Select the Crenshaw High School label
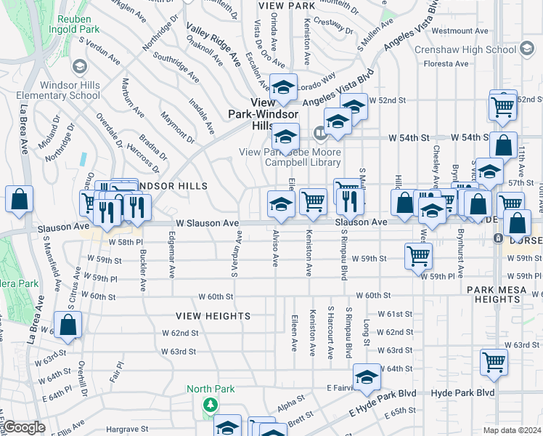click(x=465, y=50)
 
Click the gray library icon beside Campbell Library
click(x=320, y=132)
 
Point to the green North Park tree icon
click(x=211, y=404)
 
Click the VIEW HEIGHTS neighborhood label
click(x=213, y=316)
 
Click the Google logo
click(x=23, y=427)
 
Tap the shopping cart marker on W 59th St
click(x=419, y=256)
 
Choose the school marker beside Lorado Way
click(x=283, y=87)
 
